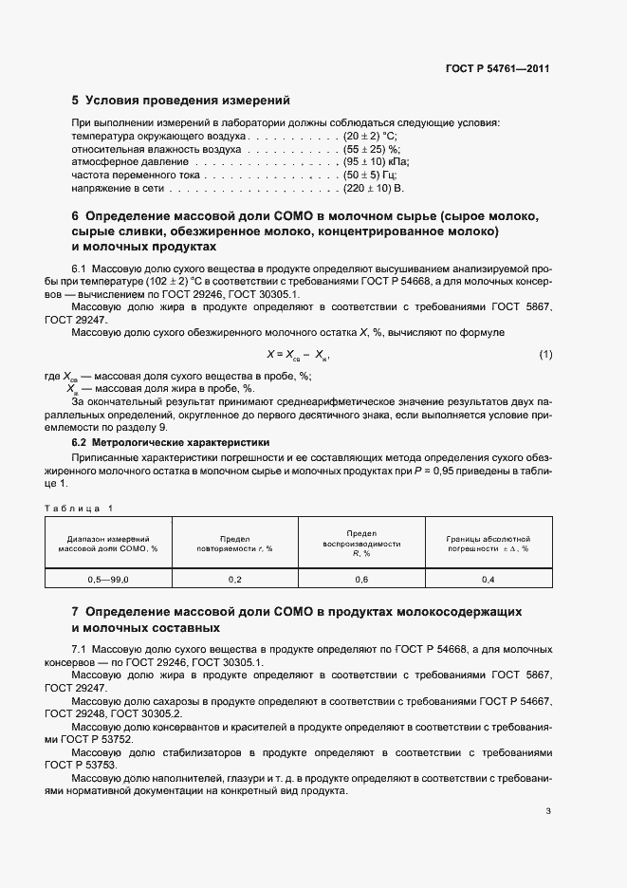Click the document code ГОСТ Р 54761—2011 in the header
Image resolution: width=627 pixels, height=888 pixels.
pyautogui.click(x=498, y=69)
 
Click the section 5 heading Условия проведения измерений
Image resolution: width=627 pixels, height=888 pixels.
pyautogui.click(x=181, y=100)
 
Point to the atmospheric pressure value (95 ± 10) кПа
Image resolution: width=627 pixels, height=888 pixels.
pyautogui.click(x=376, y=163)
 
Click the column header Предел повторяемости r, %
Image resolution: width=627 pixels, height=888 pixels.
pyautogui.click(x=234, y=543)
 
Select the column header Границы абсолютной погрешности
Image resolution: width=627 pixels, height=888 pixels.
pyautogui.click(x=488, y=543)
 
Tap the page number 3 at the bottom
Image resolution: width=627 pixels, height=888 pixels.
pyautogui.click(x=548, y=811)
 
